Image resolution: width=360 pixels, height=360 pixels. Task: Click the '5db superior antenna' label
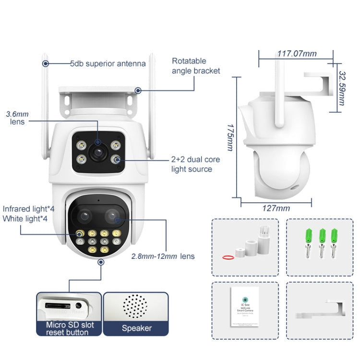pos(108,63)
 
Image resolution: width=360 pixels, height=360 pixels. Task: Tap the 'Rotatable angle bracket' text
pos(196,66)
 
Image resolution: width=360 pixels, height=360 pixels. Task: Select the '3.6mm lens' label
pos(18,118)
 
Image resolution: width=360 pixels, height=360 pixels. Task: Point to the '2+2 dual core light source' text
pos(192,164)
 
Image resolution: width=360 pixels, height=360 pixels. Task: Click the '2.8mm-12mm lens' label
pos(163,256)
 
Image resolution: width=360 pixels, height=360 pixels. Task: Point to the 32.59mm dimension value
pos(342,89)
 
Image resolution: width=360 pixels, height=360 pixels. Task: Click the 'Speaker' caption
pos(136,328)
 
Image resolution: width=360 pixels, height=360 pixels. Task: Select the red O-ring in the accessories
pos(228,257)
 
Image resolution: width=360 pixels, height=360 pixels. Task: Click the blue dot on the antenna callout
pos(46,63)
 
